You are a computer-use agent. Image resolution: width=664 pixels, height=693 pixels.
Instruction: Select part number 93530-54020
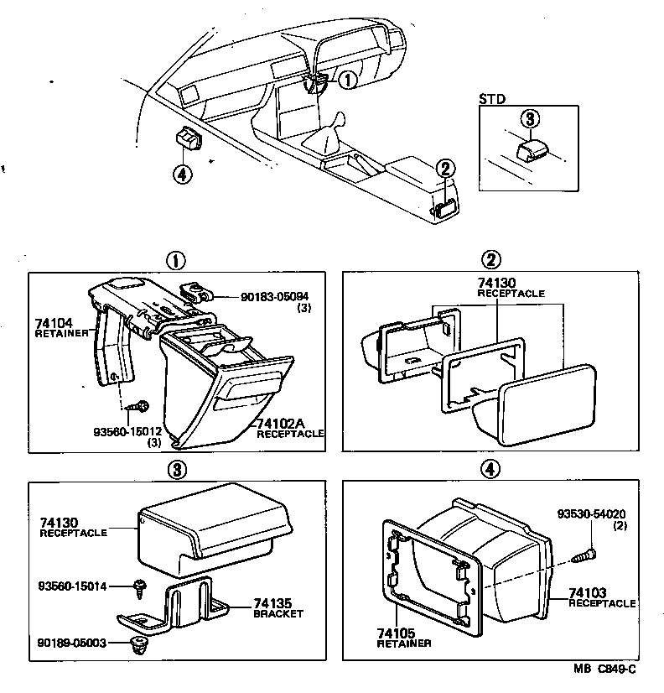[x=592, y=514]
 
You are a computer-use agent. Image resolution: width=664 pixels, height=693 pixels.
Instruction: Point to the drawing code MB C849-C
[x=605, y=669]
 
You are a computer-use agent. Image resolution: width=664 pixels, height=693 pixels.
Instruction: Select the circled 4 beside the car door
[x=183, y=174]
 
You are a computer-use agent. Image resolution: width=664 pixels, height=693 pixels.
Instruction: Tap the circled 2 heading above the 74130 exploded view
[x=494, y=259]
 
